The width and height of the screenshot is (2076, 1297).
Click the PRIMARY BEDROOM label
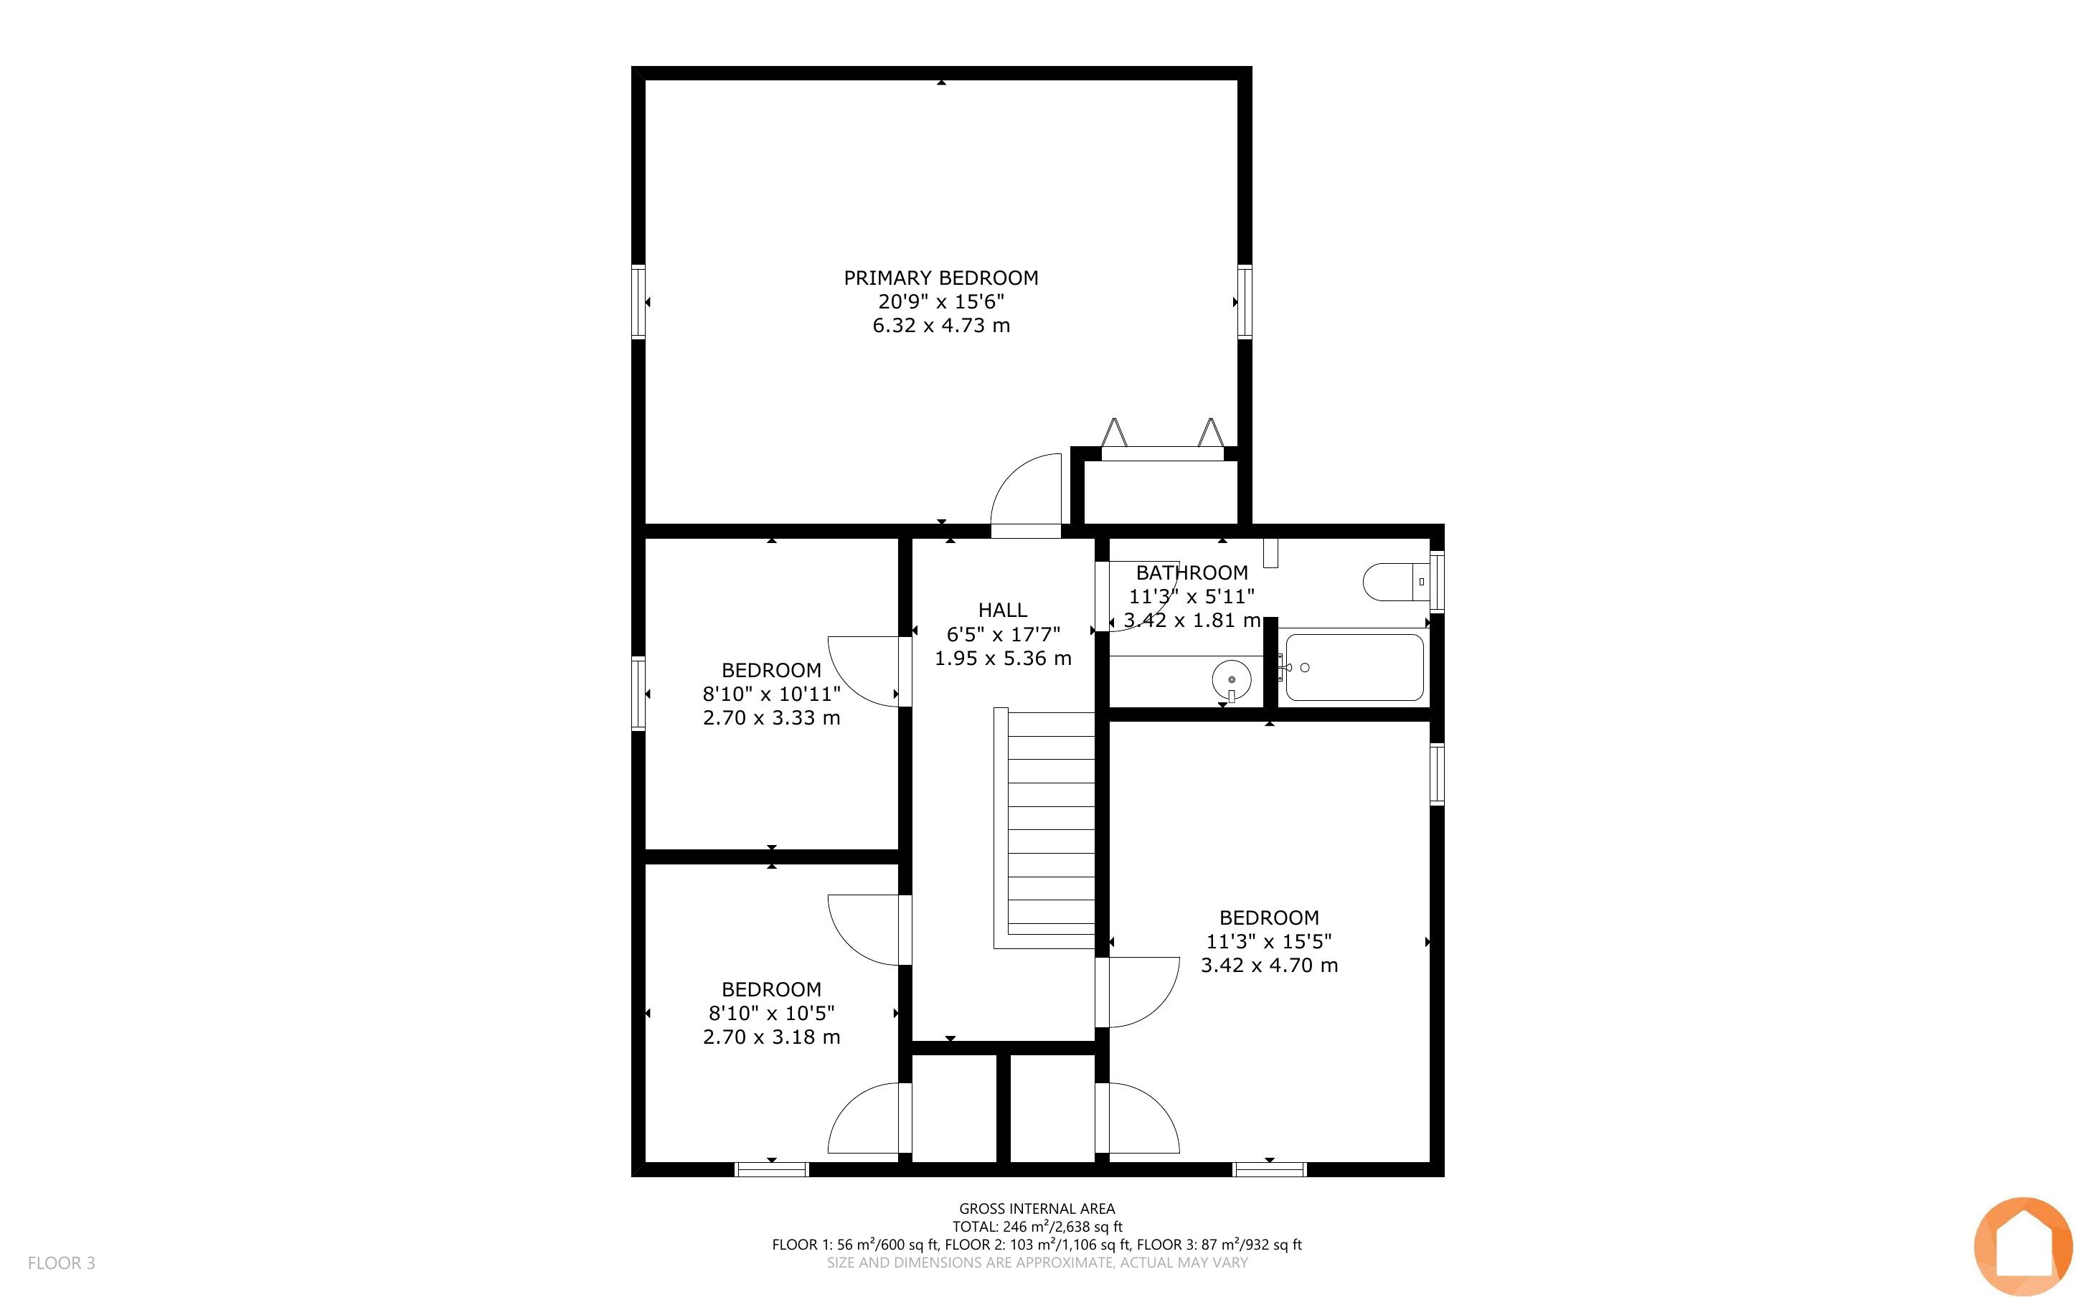pyautogui.click(x=940, y=278)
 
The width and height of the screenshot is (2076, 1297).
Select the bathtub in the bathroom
pyautogui.click(x=1355, y=667)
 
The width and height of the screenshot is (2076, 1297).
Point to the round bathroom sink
pyautogui.click(x=1232, y=679)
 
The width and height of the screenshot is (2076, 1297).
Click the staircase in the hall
pyautogui.click(x=1045, y=829)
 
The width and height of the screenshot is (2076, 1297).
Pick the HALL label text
pyautogui.click(x=1002, y=610)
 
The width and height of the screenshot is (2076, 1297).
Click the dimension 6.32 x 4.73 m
pyautogui.click(x=940, y=326)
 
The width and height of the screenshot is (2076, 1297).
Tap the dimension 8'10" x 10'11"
pyautogui.click(x=771, y=693)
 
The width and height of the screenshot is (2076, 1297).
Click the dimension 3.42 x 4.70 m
pyautogui.click(x=1269, y=965)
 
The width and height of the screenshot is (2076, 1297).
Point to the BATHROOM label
pyautogui.click(x=1192, y=572)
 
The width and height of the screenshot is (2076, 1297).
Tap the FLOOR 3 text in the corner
pyautogui.click(x=62, y=1263)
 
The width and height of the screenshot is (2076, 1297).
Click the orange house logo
pyautogui.click(x=2023, y=1246)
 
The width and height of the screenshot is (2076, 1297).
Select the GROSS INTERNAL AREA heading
pyautogui.click(x=1037, y=1209)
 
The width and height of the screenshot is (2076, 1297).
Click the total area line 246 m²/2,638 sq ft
pyautogui.click(x=1037, y=1227)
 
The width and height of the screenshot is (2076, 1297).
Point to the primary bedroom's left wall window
pyautogui.click(x=638, y=302)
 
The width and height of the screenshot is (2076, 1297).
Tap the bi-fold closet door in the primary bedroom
pyautogui.click(x=1162, y=440)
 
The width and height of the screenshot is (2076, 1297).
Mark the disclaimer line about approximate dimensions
pyautogui.click(x=1037, y=1263)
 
